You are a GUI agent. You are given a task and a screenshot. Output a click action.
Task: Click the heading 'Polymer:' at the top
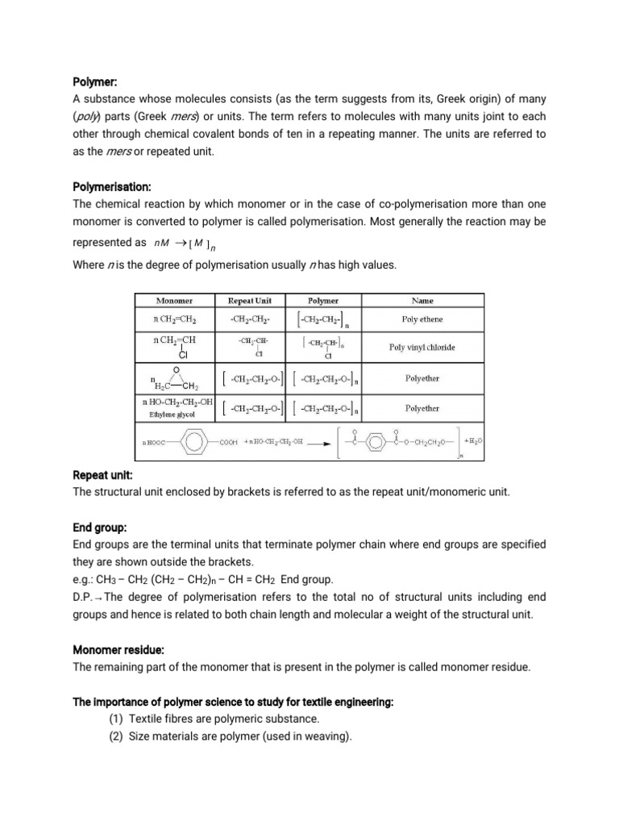coord(95,81)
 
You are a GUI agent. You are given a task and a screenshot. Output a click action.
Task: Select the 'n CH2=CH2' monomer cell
coord(175,319)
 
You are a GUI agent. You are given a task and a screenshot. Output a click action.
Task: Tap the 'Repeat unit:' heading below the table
coord(102,476)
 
